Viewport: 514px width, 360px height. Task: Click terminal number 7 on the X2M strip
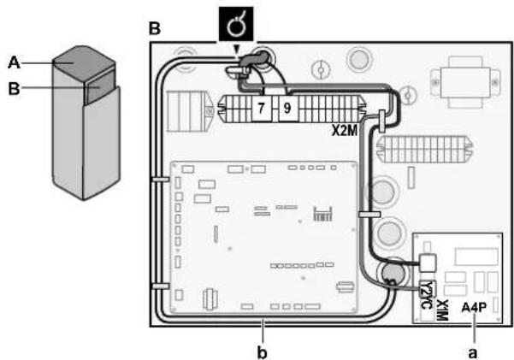point(261,109)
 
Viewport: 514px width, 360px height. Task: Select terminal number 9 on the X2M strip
point(287,109)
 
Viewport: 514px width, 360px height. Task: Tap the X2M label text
point(344,131)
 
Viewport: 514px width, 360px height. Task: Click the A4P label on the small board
point(474,308)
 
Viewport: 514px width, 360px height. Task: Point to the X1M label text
point(442,310)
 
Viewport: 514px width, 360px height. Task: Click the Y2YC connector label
point(426,295)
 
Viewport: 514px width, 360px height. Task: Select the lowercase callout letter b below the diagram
point(262,353)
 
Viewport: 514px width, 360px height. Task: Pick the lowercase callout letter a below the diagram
point(472,353)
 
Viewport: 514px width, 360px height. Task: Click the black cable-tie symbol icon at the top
point(236,24)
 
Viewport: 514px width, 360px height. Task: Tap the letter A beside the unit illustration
point(14,62)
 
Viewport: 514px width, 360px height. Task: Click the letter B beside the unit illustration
point(14,89)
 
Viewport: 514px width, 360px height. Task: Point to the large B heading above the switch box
point(155,28)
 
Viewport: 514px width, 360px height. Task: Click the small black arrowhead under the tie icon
point(236,50)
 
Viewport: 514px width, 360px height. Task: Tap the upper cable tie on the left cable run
point(161,180)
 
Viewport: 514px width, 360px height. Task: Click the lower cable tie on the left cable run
point(161,286)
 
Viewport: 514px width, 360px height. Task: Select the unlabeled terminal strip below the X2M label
point(425,149)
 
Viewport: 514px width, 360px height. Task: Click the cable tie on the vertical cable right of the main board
point(369,215)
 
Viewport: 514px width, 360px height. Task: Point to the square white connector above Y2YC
point(428,263)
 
